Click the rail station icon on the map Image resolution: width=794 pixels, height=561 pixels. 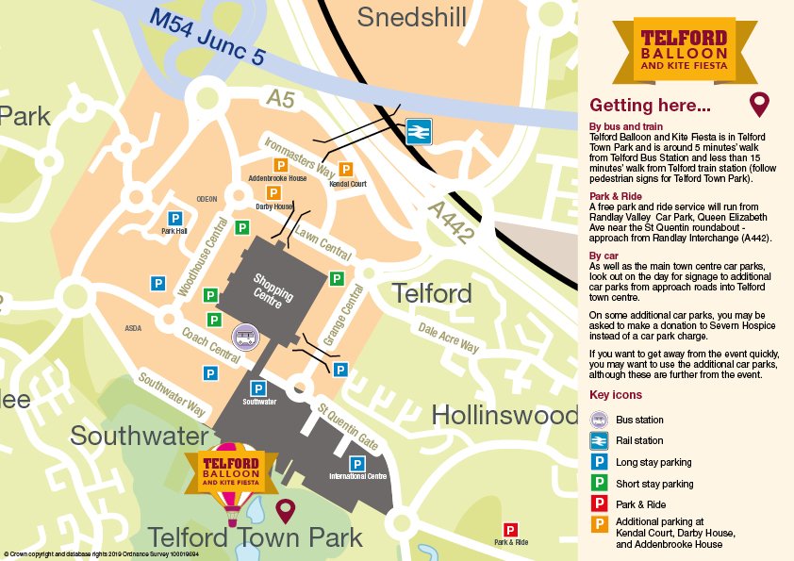click(418, 131)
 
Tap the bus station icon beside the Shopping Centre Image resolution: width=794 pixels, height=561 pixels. click(245, 336)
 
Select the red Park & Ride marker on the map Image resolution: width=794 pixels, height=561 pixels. click(510, 531)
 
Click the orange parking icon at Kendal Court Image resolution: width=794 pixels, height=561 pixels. click(346, 170)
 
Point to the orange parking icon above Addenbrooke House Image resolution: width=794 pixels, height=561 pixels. click(280, 165)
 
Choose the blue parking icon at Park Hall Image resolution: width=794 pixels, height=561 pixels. click(174, 218)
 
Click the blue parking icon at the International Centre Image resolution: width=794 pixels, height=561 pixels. click(357, 464)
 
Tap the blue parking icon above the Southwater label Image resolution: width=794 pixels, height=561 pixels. click(257, 388)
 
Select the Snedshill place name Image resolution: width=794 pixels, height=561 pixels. click(412, 16)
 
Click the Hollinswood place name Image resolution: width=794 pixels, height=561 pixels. click(505, 415)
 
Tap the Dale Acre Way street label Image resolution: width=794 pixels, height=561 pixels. click(448, 336)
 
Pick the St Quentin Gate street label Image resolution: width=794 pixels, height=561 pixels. click(348, 427)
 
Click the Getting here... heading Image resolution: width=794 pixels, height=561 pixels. click(650, 105)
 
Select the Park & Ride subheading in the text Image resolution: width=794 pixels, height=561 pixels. click(615, 196)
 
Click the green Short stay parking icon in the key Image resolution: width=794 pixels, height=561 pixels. click(598, 484)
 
